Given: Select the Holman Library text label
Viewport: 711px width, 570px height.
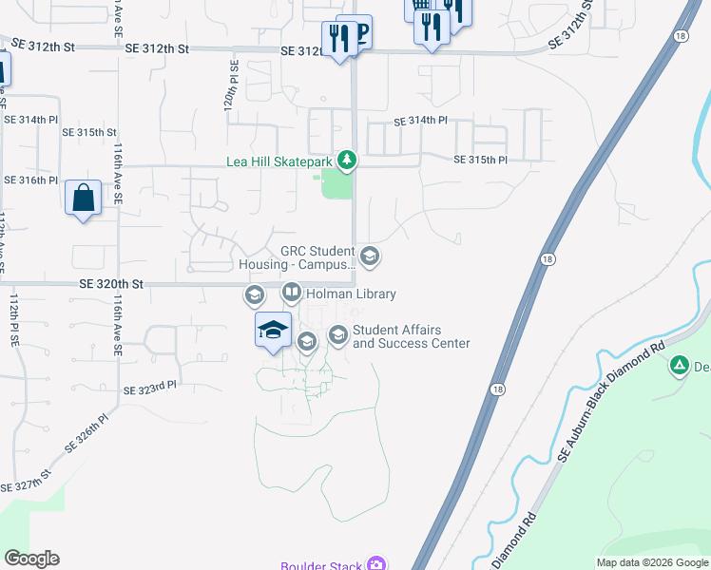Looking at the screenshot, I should (351, 294).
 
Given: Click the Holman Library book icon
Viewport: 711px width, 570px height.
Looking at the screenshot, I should (292, 294).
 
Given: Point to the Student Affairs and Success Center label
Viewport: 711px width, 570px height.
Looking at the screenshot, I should (411, 336).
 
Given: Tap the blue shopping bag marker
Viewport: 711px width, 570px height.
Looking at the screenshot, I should (84, 199).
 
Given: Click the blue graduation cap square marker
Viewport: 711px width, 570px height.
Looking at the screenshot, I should (273, 330).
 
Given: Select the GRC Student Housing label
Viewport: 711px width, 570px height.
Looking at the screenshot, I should (317, 258).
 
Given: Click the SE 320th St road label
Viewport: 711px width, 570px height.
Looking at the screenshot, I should (110, 283).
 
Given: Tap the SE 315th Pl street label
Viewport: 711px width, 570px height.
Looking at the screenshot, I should (481, 160).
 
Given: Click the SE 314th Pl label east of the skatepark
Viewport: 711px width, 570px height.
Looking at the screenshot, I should (420, 121).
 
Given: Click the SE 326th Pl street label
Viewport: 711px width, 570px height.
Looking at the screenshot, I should (86, 431).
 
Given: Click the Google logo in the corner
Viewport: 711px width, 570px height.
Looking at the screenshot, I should (32, 559).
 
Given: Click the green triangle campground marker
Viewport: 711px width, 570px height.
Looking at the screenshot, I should (680, 365).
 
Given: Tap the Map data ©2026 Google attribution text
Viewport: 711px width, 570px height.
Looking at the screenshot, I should (652, 563).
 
